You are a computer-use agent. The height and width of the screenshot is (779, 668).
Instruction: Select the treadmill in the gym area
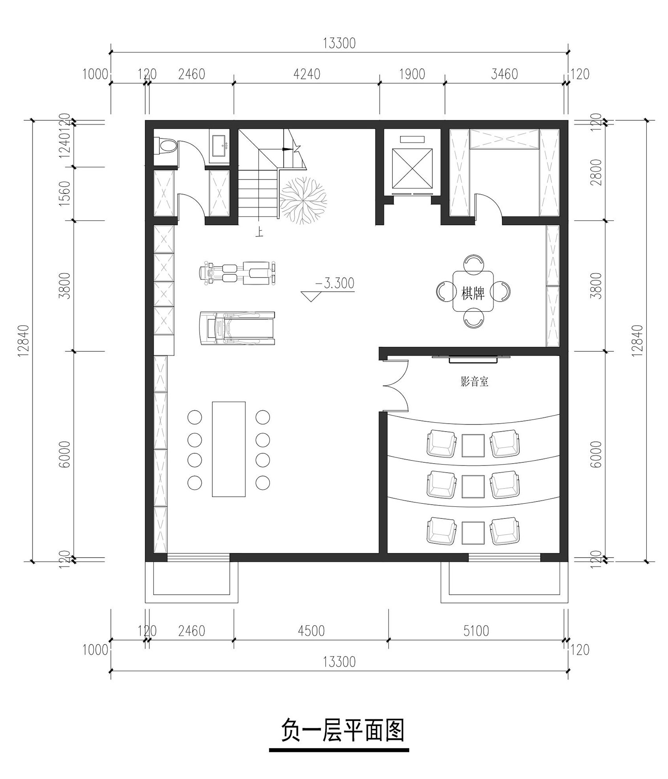(237, 328)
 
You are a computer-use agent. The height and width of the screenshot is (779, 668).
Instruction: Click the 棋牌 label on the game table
(473, 293)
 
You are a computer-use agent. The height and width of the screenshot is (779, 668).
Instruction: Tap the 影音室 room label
(474, 382)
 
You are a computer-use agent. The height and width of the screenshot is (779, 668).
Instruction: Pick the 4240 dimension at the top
(306, 73)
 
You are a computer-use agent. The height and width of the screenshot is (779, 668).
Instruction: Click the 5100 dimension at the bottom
(476, 631)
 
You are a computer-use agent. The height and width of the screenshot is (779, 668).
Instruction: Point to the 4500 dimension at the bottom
(311, 631)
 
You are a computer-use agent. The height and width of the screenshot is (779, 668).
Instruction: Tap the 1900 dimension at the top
(412, 73)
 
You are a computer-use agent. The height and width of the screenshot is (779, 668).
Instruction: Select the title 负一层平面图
(342, 731)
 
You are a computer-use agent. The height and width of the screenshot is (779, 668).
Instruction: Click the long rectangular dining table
(228, 449)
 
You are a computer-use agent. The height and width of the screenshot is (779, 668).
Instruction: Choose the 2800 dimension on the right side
(597, 172)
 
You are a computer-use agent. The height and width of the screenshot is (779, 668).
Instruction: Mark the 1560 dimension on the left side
(65, 193)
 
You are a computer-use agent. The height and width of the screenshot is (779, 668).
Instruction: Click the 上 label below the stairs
(259, 232)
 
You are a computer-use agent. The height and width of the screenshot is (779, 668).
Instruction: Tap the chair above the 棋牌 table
(473, 264)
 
